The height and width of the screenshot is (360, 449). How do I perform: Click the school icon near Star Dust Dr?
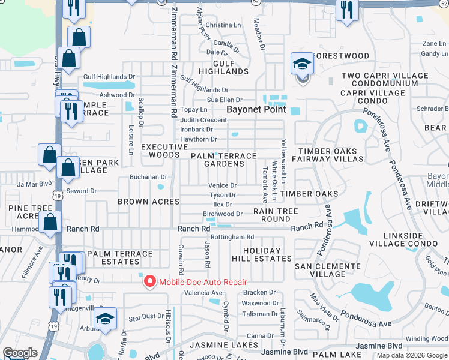(x=106, y=319)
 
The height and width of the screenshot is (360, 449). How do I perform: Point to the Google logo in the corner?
(x=20, y=353)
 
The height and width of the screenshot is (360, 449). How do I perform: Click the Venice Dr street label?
(x=222, y=185)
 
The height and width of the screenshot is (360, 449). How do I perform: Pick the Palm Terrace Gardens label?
(x=223, y=160)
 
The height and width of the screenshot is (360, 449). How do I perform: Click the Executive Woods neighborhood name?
(x=164, y=151)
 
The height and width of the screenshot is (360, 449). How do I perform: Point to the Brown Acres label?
(x=148, y=202)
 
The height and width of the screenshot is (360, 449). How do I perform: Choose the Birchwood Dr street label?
(x=222, y=214)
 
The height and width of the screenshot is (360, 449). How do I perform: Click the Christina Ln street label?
(x=222, y=25)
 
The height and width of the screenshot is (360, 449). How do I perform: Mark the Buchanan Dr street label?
(x=148, y=177)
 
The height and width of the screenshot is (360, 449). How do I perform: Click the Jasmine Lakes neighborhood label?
(x=219, y=345)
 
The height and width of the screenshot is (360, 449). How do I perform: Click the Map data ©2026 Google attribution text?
(x=411, y=355)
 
